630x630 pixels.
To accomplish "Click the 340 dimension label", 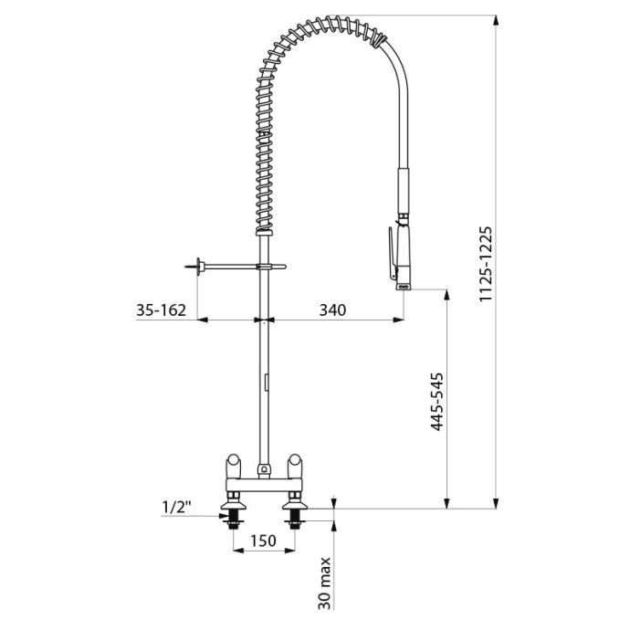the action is coord(332,310).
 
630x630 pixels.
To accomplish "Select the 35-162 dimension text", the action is coord(161,310).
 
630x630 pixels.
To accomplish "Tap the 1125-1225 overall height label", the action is coord(486,264).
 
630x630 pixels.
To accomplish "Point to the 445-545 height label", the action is coord(436,402).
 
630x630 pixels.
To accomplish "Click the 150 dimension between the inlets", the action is coord(264,541).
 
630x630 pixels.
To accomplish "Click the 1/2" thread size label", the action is coord(175,507).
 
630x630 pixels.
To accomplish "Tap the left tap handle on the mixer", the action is coord(233,467).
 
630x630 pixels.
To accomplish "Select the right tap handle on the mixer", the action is coord(295,467).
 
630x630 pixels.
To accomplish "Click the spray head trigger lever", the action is coord(393,253).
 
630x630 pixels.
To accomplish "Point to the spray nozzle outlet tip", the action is coord(404,287).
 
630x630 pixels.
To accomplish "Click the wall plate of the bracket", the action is coord(198,267).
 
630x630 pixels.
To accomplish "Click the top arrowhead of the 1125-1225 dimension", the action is coord(496,21).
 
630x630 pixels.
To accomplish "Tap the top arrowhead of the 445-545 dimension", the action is coord(446,295).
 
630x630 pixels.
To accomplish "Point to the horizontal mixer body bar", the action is coord(264,485).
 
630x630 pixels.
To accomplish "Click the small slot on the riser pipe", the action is coord(266,382).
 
